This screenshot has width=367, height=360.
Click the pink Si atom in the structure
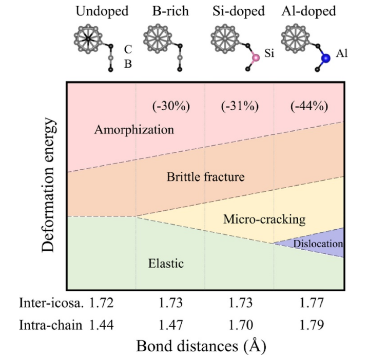point(256,57)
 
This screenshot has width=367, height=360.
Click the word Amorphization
point(134,130)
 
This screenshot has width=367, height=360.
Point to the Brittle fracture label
point(205,177)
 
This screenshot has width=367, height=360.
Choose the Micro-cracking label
point(264,219)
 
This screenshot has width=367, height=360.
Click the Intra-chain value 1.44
point(101,324)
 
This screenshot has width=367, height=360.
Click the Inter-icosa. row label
point(51,304)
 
